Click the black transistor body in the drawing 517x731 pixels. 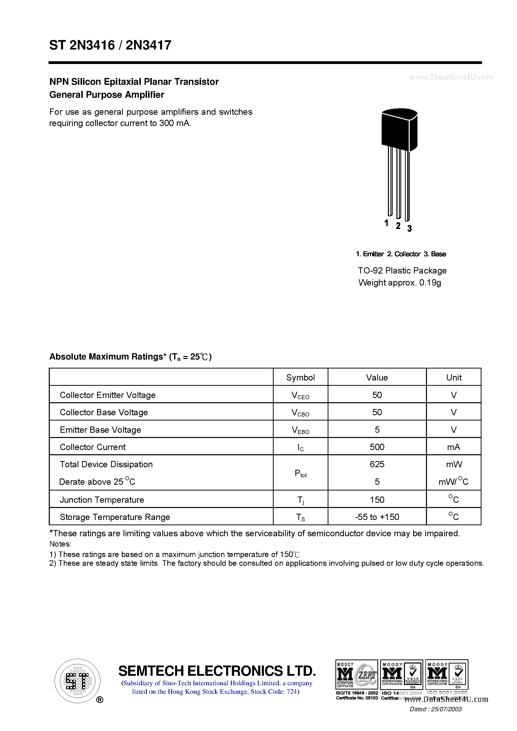coord(399,130)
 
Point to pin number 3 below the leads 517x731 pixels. coord(409,228)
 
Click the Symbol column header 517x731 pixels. coord(300,377)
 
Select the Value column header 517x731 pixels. coord(377,377)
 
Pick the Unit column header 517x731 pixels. coord(454,377)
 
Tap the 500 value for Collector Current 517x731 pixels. coord(377,447)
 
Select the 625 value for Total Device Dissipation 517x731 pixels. coord(377,464)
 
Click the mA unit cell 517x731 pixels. coord(454,447)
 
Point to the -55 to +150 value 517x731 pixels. coord(377,517)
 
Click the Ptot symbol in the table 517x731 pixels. coord(300,473)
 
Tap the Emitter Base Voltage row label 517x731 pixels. coord(100,429)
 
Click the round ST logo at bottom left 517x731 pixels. coord(77,681)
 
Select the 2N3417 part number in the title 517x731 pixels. coord(148,45)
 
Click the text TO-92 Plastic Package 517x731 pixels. coord(402,270)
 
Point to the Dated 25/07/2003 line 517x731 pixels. coord(435,709)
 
